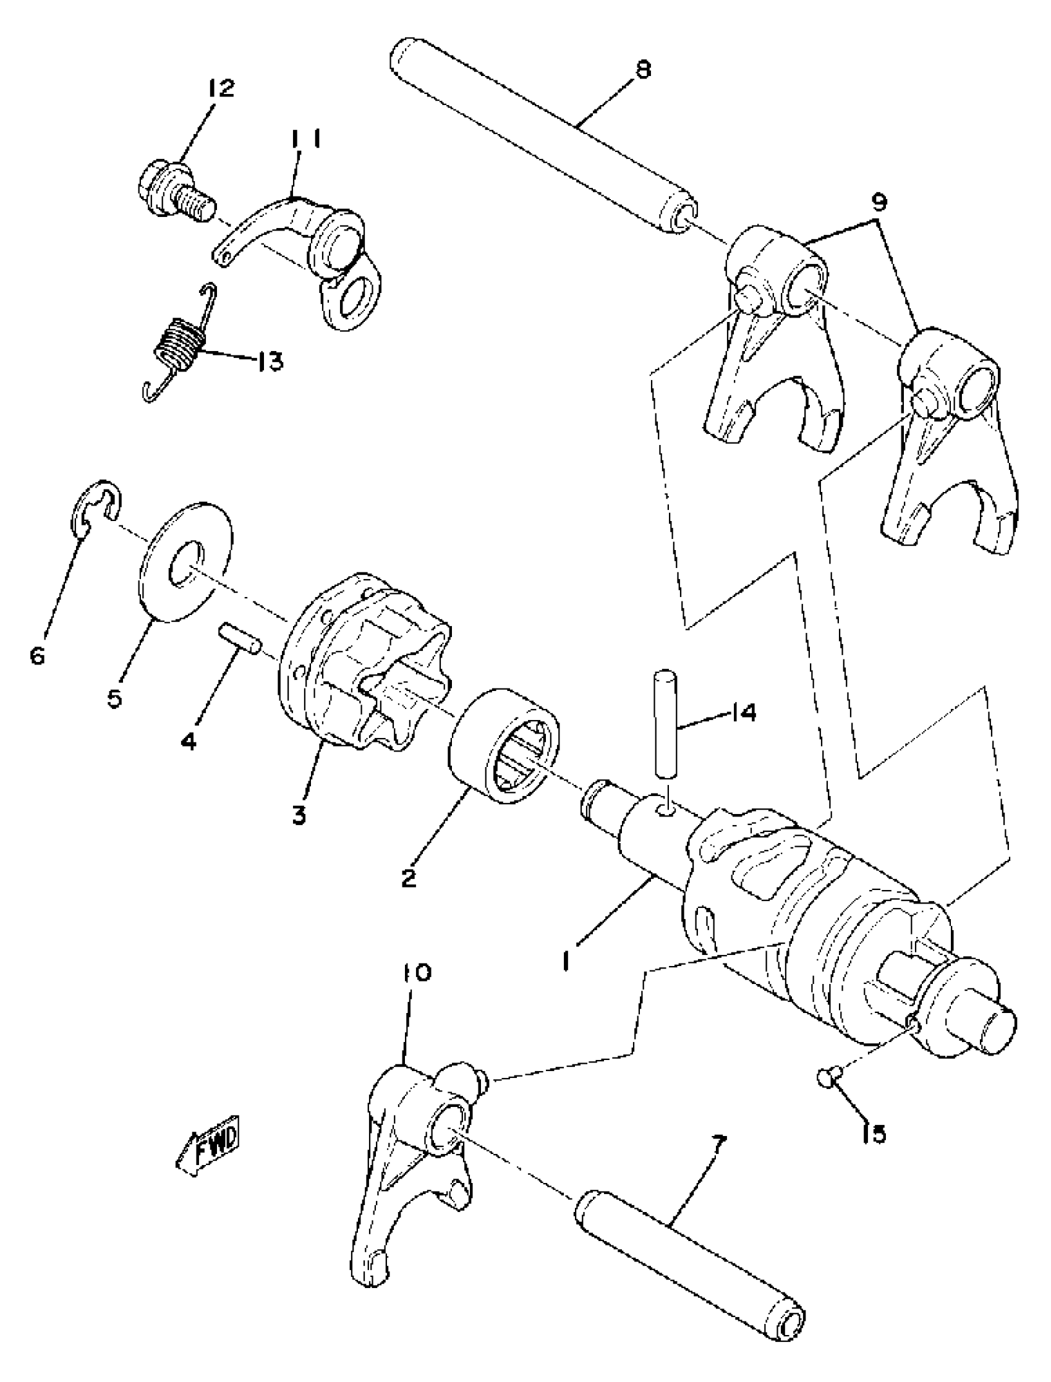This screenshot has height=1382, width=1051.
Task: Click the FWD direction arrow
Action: (x=208, y=1147)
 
